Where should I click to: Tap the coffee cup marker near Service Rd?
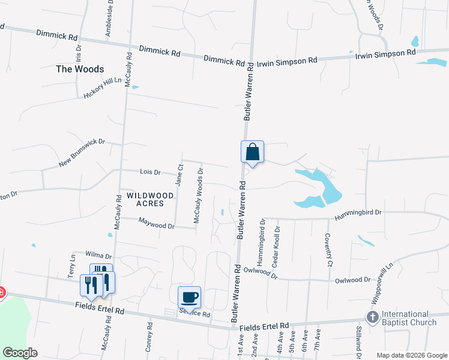(189, 298)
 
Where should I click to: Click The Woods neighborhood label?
(76, 69)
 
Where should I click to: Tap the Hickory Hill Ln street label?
(103, 88)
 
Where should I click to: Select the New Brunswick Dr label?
(82, 153)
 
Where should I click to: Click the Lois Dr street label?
(150, 172)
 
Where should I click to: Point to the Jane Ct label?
(178, 175)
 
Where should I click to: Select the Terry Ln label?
(72, 265)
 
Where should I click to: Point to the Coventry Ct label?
(328, 249)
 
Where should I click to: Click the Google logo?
(20, 352)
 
